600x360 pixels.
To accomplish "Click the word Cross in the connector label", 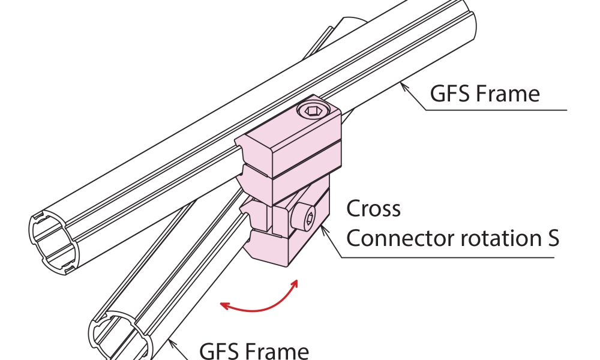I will point(373,209).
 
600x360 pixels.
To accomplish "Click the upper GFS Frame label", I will point(485,94).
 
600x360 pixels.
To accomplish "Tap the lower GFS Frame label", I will point(254,350).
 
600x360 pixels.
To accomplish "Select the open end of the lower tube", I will point(120,336).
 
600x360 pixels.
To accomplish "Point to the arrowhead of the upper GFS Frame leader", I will point(403,88).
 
